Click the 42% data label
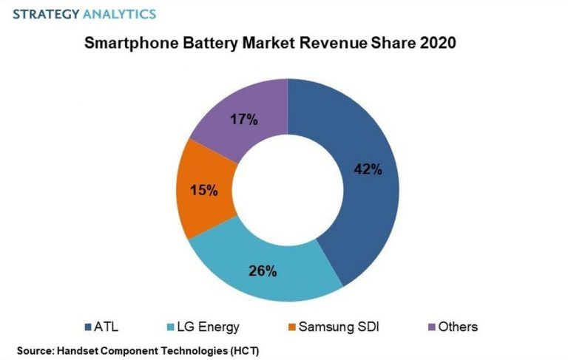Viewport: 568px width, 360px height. [368, 169]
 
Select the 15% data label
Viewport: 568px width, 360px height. [203, 190]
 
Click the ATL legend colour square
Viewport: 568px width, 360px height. [89, 326]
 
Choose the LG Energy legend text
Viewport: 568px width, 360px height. [203, 326]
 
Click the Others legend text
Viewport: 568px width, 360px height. [458, 326]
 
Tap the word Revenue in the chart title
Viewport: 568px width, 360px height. [330, 43]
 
